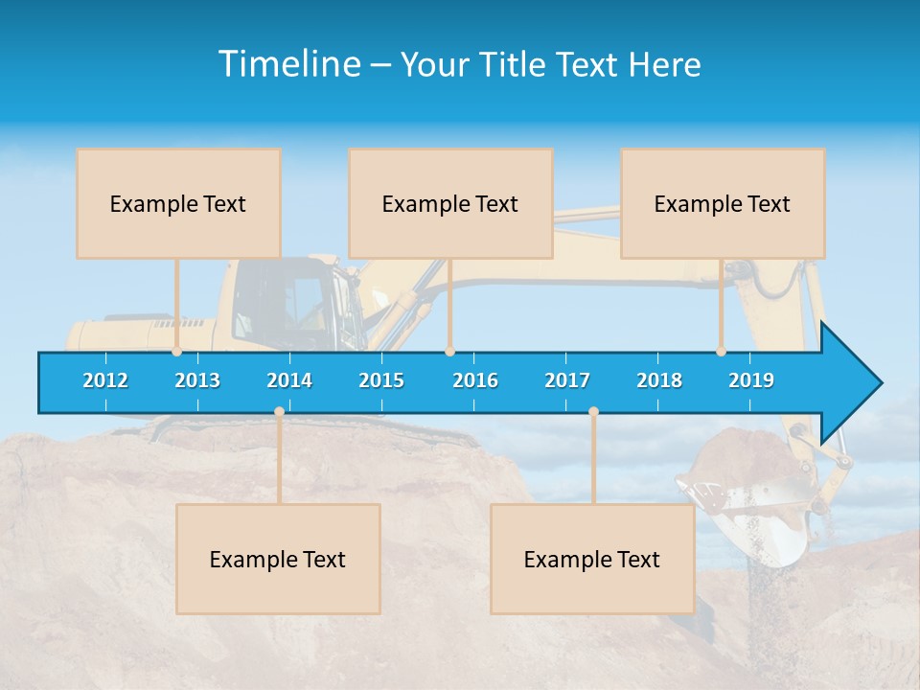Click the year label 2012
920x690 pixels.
(x=105, y=380)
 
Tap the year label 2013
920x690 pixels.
(x=197, y=380)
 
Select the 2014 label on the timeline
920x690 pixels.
(x=289, y=380)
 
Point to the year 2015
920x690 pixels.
(x=381, y=380)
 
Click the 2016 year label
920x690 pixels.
(x=475, y=380)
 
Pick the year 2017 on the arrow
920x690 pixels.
(x=567, y=380)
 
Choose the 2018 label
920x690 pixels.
(x=659, y=380)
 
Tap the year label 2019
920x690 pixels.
(x=751, y=380)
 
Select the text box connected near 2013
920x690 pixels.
(x=178, y=203)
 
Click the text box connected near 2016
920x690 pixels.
(x=450, y=203)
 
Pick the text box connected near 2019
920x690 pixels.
(x=723, y=203)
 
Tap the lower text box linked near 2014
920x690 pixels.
(x=278, y=559)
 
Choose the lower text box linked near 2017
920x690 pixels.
(x=592, y=559)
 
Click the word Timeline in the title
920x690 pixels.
(x=288, y=64)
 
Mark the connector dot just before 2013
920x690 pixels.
(x=177, y=351)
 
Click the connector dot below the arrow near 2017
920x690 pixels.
(x=593, y=412)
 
